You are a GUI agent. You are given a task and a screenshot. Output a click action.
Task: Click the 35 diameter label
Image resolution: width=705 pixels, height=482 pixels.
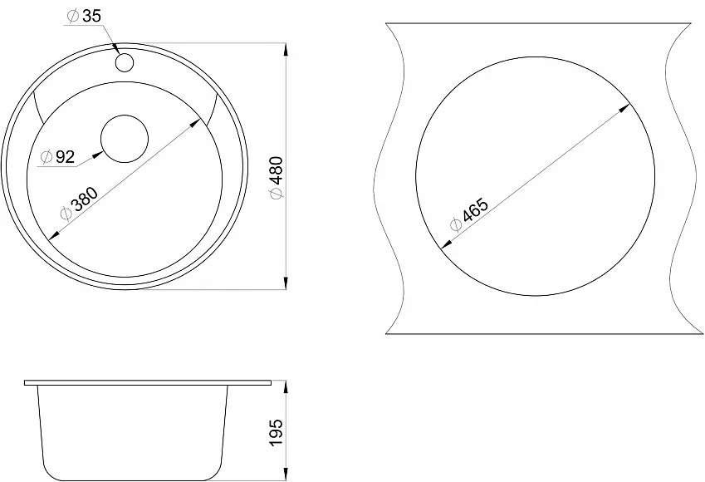tap(85, 16)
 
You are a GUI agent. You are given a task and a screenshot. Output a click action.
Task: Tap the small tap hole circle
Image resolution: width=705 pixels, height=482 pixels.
tap(125, 62)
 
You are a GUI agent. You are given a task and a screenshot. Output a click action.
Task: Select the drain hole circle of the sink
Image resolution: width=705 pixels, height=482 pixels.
tap(125, 139)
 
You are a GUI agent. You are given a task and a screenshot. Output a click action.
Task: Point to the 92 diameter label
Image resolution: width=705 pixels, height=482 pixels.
tap(57, 156)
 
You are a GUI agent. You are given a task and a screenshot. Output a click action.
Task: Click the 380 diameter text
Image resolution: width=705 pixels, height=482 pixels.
tap(79, 204)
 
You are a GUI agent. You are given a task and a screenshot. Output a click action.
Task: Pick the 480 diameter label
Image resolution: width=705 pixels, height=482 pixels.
tap(276, 177)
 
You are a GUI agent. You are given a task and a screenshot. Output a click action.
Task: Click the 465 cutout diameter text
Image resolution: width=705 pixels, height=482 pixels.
tap(468, 214)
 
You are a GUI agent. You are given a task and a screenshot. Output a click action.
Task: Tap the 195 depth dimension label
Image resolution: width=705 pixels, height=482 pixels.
tap(276, 432)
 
